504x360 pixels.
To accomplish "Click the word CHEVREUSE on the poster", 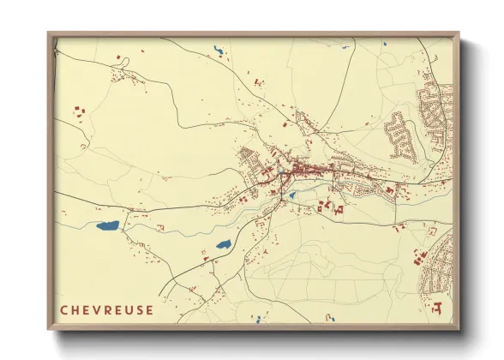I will coord(107,309).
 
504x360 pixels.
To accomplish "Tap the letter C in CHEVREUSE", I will coord(64,309).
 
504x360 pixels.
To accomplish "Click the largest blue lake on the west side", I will coord(108,226).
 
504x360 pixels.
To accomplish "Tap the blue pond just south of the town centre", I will coord(291,195).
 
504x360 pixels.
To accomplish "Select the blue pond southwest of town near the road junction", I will coord(223,244).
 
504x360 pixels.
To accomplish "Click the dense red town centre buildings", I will coord(300,171).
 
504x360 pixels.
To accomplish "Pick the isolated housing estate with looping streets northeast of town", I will coord(400,135).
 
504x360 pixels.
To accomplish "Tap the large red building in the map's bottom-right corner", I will coord(438,306).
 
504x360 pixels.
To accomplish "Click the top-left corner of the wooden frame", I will coord(50,34).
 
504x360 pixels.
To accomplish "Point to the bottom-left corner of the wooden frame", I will coord(50,328).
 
